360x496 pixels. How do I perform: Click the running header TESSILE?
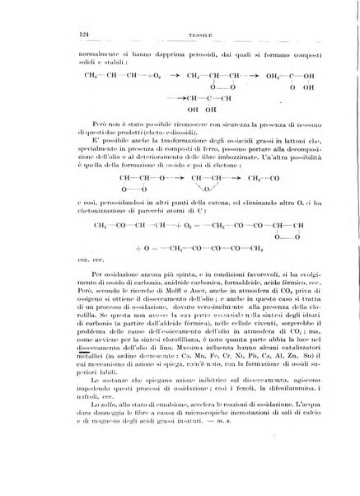[180, 35]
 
